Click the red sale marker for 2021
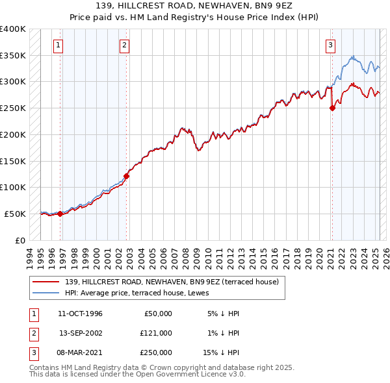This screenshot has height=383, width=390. click(x=332, y=108)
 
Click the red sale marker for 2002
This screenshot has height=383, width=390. click(x=127, y=176)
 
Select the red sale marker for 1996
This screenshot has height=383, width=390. click(x=60, y=214)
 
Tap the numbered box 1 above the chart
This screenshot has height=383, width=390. click(x=58, y=45)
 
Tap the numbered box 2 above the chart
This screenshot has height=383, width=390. click(x=124, y=45)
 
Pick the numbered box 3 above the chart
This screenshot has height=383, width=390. click(x=330, y=45)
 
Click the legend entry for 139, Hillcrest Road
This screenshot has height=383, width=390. click(x=172, y=282)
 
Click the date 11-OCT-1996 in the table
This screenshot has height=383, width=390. click(x=80, y=314)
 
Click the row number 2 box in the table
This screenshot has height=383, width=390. click(x=32, y=333)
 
